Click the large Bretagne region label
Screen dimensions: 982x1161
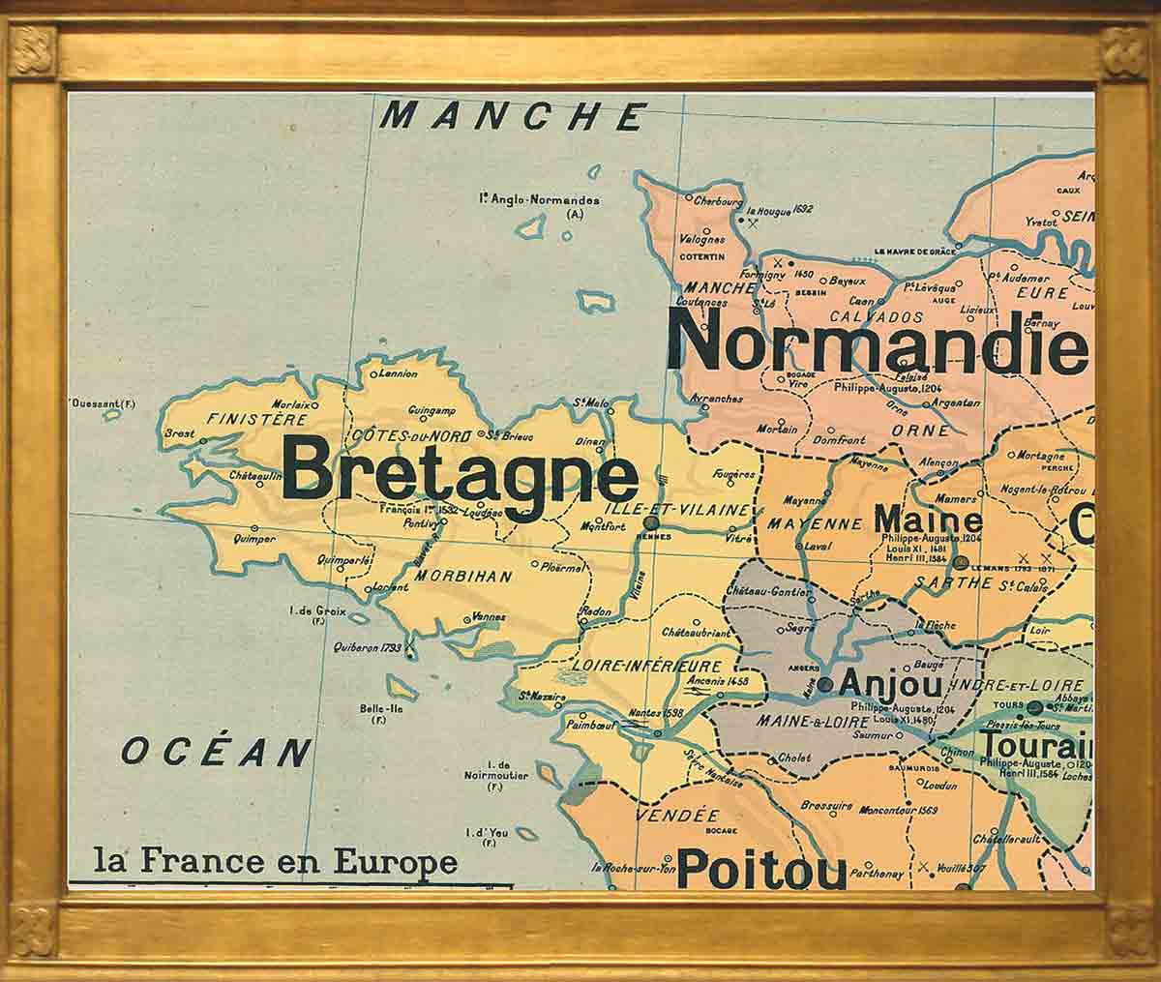(460, 475)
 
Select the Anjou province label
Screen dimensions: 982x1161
(889, 684)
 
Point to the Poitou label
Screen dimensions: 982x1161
(760, 868)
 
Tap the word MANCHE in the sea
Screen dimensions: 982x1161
(512, 116)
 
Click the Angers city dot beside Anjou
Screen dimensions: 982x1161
(824, 684)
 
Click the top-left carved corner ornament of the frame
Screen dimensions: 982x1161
(32, 49)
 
